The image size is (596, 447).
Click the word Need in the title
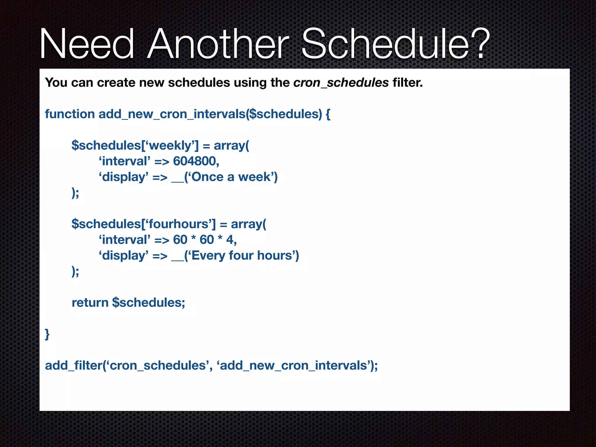tap(87, 44)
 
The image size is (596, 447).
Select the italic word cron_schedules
tap(341, 83)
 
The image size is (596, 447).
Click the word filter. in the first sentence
tap(407, 83)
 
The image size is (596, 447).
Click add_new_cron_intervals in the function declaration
tap(172, 114)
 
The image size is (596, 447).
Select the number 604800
tap(196, 161)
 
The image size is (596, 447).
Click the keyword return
tap(90, 303)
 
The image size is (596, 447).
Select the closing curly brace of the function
tap(47, 334)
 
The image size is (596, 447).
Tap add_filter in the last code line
tap(73, 366)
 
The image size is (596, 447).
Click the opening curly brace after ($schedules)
tap(328, 114)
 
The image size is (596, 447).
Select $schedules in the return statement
tap(148, 303)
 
